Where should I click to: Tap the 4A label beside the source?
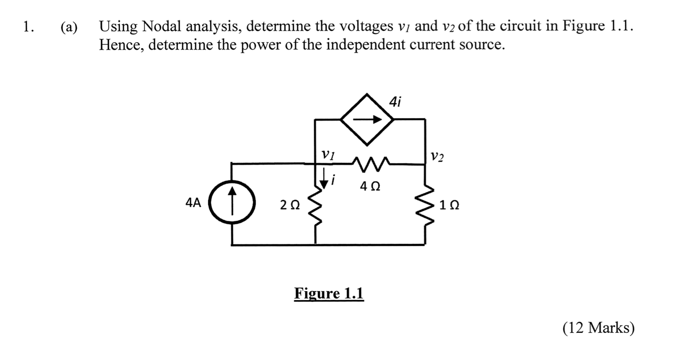[193, 203]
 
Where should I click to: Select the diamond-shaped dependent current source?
[368, 119]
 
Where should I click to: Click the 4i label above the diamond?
[395, 101]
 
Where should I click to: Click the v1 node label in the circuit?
[328, 154]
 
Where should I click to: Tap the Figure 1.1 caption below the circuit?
[329, 294]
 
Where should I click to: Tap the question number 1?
[29, 27]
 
